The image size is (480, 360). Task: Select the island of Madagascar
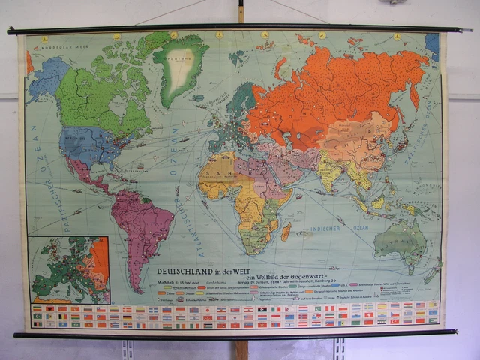coord(286,232)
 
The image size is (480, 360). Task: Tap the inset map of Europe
coord(68,269)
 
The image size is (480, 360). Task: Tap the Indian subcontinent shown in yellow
coord(330,172)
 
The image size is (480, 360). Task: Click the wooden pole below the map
coord(240,349)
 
